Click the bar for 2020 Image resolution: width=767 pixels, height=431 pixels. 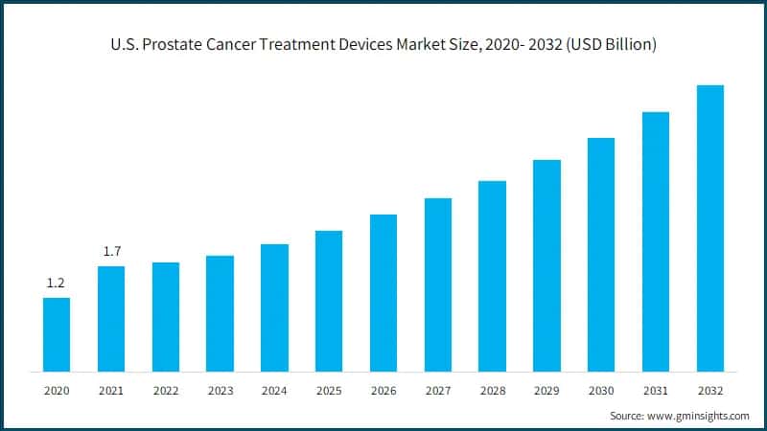[57, 334]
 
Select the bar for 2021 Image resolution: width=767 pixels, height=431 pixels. [111, 318]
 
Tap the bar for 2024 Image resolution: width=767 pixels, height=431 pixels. [274, 307]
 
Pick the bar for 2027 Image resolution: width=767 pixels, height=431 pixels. [438, 284]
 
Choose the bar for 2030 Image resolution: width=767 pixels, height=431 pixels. [601, 254]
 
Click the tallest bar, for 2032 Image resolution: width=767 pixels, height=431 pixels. [710, 228]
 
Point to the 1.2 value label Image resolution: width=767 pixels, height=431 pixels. [57, 284]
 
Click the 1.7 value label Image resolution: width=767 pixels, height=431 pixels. [111, 251]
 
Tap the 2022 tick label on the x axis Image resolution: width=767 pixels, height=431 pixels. [166, 391]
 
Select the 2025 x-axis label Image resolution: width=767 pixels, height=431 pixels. [329, 391]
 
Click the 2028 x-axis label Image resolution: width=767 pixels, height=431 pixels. [492, 391]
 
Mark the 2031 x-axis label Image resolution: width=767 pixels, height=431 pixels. [656, 391]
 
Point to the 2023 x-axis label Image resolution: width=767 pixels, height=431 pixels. [220, 391]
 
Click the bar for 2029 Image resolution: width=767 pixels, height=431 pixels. [546, 265]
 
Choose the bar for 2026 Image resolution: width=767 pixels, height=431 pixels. [383, 292]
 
